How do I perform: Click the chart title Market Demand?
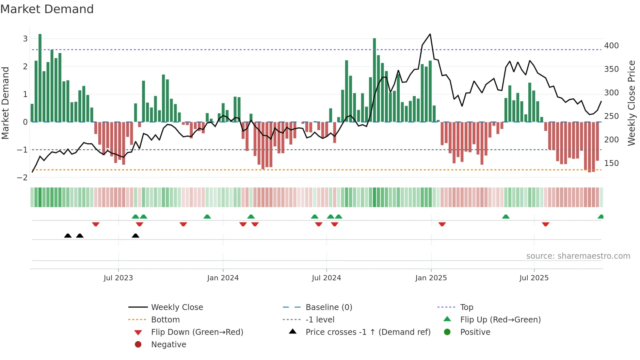(x=47, y=9)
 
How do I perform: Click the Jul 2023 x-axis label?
(x=118, y=278)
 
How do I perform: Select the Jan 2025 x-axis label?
(x=431, y=278)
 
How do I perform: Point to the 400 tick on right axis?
(x=611, y=46)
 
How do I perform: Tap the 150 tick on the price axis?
(x=611, y=163)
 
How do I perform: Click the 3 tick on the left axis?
(x=25, y=39)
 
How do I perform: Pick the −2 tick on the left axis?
(x=23, y=178)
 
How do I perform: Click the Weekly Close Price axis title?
(x=632, y=103)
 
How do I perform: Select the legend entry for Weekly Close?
(x=177, y=307)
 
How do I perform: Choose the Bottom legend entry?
(x=165, y=320)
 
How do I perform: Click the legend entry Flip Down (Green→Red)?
(x=197, y=332)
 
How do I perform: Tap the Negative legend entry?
(x=168, y=345)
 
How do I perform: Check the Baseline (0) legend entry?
(x=328, y=307)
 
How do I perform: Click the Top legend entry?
(x=467, y=307)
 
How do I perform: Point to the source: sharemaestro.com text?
(x=578, y=256)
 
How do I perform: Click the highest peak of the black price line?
(x=430, y=34)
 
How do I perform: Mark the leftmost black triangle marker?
(x=68, y=236)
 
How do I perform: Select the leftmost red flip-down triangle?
(x=96, y=224)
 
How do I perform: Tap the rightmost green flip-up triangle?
(x=600, y=217)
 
